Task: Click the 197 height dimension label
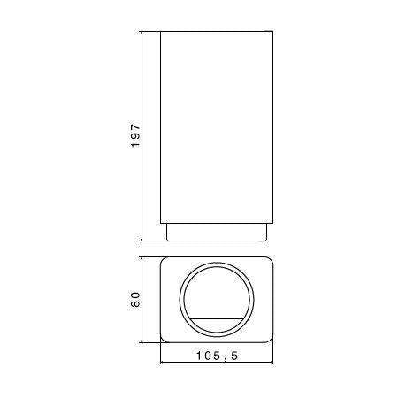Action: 135,136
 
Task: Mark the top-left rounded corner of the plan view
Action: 164,263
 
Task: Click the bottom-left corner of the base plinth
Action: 167,241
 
